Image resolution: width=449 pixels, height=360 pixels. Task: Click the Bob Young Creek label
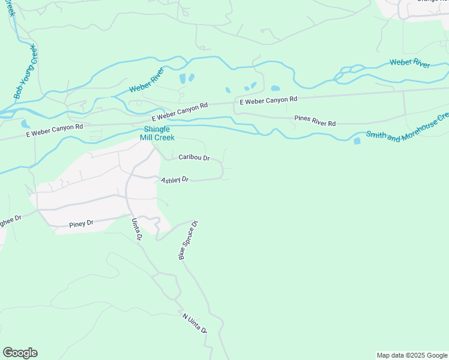[x=26, y=72]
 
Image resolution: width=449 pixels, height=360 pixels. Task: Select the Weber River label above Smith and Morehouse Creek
[x=409, y=62]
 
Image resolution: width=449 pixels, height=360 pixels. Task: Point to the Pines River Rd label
[x=315, y=119]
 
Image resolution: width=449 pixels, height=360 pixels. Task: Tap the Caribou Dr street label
[x=193, y=158]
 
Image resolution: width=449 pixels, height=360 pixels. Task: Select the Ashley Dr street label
[x=174, y=180]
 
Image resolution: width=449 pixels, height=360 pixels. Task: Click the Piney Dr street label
[x=81, y=223]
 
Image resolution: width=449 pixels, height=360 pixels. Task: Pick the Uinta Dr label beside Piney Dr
[x=136, y=229]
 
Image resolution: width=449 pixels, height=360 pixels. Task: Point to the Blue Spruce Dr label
[x=188, y=240]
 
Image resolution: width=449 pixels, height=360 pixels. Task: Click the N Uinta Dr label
[x=194, y=323]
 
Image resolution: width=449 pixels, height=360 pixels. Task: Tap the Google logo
[x=20, y=353]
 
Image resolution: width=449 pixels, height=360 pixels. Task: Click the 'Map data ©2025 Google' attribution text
[x=411, y=355]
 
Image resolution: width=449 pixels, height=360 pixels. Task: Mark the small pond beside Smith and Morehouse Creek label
[x=357, y=141]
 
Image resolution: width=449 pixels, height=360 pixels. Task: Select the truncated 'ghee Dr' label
[x=10, y=218]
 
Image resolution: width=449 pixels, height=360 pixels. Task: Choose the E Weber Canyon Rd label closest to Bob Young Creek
[x=54, y=131]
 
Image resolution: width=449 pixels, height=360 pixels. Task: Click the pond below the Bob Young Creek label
[x=25, y=124]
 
